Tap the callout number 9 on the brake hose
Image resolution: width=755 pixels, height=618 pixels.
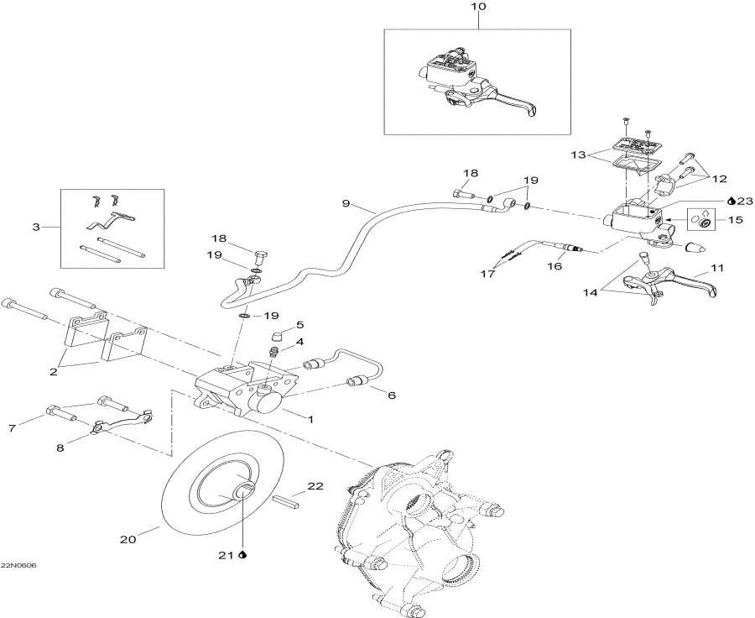(x=345, y=203)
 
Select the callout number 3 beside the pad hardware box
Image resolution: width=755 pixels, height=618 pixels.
(x=35, y=227)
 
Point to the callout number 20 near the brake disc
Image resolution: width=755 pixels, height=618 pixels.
(x=128, y=541)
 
